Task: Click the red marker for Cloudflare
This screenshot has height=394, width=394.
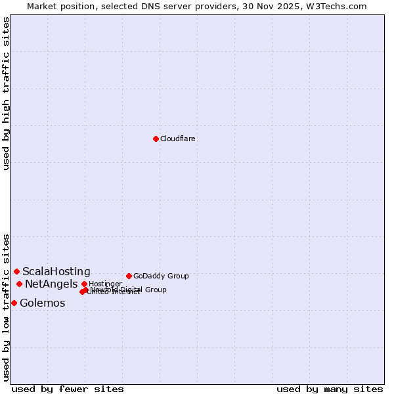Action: pyautogui.click(x=156, y=139)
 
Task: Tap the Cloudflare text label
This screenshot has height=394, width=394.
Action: pyautogui.click(x=178, y=139)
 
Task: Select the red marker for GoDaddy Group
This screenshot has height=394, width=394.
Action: pyautogui.click(x=129, y=276)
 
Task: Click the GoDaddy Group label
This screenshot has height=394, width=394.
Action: pyautogui.click(x=161, y=276)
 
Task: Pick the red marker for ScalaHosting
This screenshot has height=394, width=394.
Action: pyautogui.click(x=16, y=271)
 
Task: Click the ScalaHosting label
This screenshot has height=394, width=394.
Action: pyautogui.click(x=56, y=271)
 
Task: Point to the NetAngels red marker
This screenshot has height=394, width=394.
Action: pyautogui.click(x=19, y=284)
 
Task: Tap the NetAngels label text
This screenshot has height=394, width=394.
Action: pyautogui.click(x=51, y=284)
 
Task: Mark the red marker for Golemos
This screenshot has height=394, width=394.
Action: pyautogui.click(x=14, y=303)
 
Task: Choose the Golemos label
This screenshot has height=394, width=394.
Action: pyautogui.click(x=43, y=303)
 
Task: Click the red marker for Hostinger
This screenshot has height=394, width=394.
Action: pyautogui.click(x=84, y=284)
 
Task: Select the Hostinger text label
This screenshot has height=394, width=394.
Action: pyautogui.click(x=105, y=284)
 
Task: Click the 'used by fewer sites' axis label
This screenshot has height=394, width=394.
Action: pyautogui.click(x=68, y=389)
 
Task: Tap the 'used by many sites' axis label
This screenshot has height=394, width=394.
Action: pyautogui.click(x=330, y=389)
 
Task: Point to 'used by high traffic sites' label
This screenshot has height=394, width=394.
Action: pyautogui.click(x=6, y=93)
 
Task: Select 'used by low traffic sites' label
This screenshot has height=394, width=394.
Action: pyautogui.click(x=6, y=307)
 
